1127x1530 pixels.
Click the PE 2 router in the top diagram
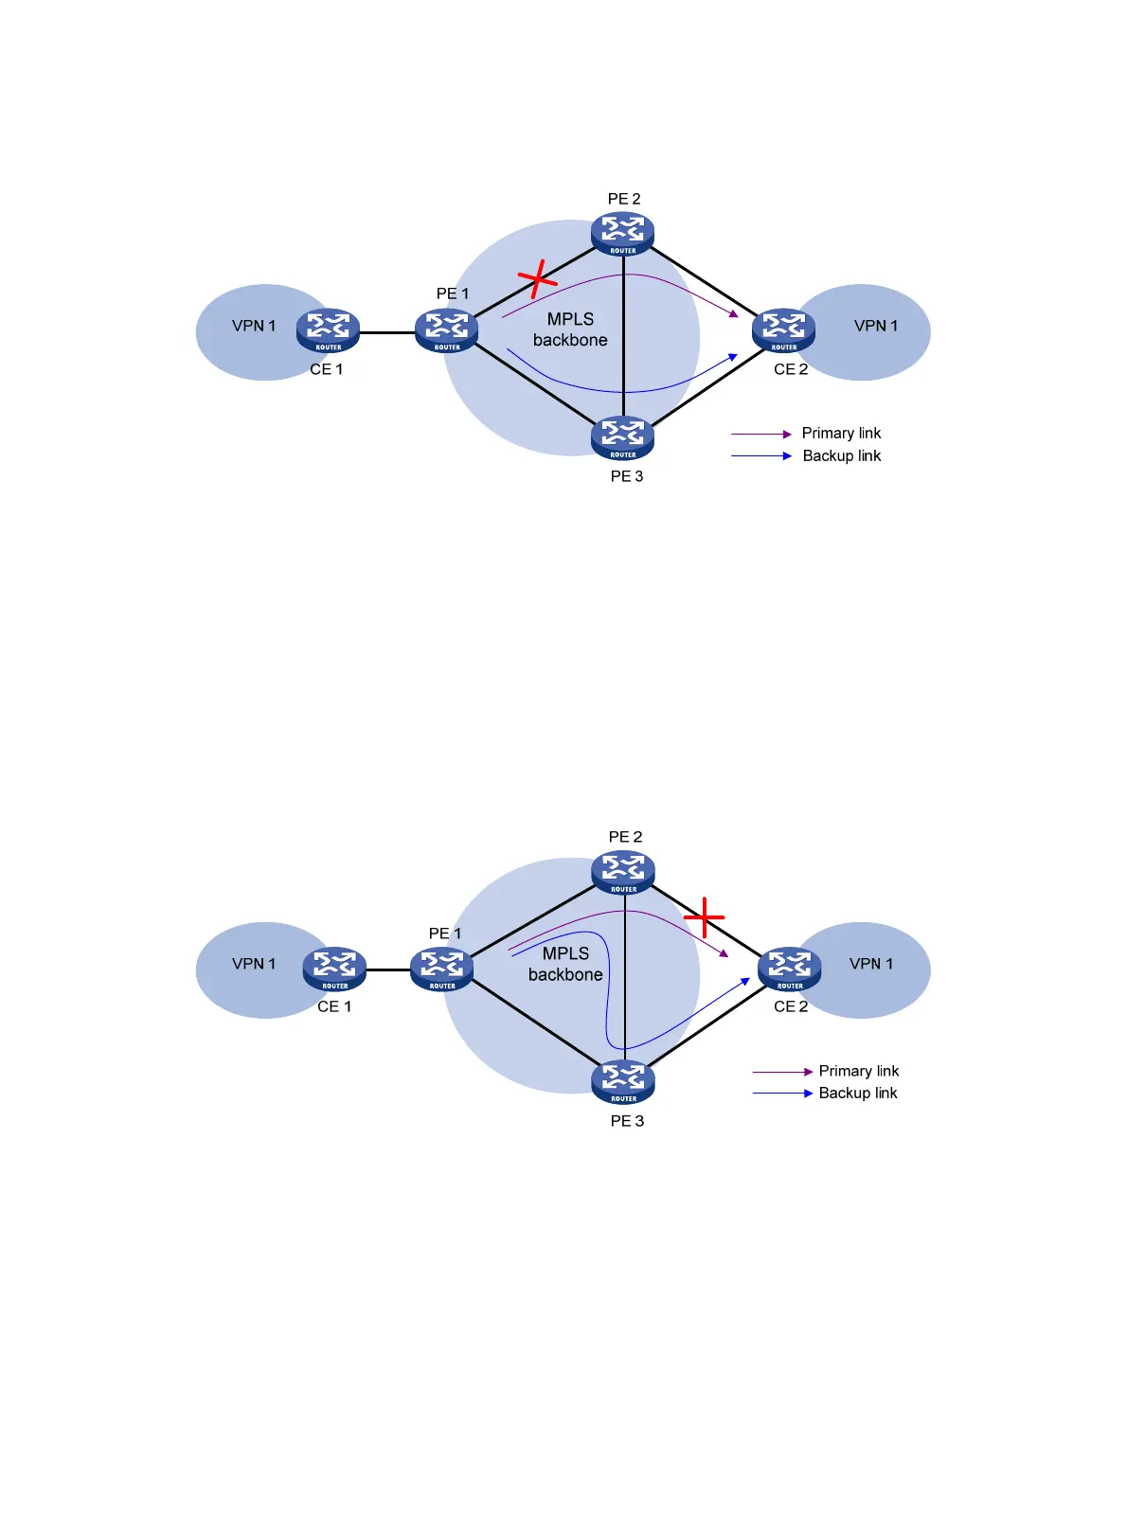(x=623, y=233)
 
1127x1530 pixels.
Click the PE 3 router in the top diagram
(x=623, y=436)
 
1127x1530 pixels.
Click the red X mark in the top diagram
(x=538, y=278)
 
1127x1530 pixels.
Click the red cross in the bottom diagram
(x=705, y=917)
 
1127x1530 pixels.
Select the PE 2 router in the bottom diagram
(x=623, y=872)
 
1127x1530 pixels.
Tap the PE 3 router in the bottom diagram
(x=623, y=1080)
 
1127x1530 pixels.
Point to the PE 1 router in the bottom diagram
(x=441, y=969)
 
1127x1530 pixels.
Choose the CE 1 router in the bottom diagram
(x=334, y=969)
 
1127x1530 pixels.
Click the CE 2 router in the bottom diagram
(x=789, y=969)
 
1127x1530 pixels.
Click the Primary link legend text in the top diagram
(x=841, y=433)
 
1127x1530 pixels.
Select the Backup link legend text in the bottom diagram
(x=857, y=1093)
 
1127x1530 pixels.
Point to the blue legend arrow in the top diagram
(x=760, y=456)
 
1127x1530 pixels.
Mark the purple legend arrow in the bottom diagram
(x=782, y=1072)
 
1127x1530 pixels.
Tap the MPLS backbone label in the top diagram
(x=570, y=329)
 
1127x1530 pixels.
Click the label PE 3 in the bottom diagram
(x=627, y=1121)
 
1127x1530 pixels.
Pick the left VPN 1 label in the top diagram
(x=254, y=326)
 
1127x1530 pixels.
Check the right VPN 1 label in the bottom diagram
(x=871, y=964)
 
